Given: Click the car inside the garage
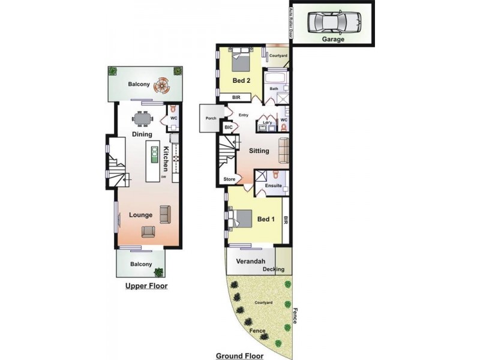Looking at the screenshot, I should [334, 23].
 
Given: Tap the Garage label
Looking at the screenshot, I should [333, 40].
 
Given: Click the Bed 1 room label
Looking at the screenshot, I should [266, 219].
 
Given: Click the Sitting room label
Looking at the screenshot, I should [259, 151].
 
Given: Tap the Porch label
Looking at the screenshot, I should [211, 118].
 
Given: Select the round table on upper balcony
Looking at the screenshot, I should [161, 86].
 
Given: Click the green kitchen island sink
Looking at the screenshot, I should [154, 155].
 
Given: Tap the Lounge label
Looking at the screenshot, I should [140, 215].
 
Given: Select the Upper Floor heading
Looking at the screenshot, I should [146, 286].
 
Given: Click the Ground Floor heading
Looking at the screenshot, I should [239, 356].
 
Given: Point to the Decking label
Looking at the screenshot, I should [273, 269].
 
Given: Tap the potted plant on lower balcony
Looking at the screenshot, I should [158, 271].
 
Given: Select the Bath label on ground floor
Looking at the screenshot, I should [274, 89].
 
